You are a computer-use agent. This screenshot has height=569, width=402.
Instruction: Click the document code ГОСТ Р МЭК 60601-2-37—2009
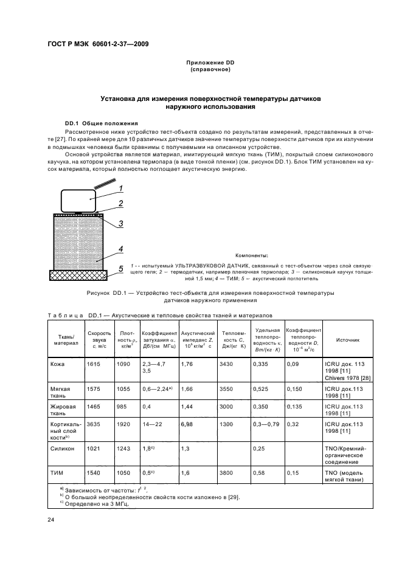click(98, 44)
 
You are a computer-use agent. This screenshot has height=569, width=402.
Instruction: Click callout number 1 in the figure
click(120, 188)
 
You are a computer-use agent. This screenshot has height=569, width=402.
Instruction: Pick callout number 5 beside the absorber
click(120, 268)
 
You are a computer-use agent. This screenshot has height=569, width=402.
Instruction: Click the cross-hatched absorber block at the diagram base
click(78, 275)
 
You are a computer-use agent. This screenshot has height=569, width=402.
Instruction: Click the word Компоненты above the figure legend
click(251, 257)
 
